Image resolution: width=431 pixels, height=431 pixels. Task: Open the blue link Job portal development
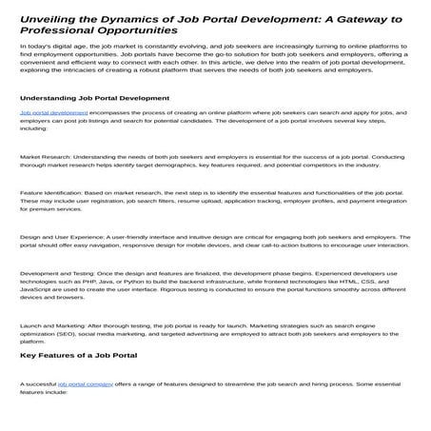pyautogui.click(x=53, y=139)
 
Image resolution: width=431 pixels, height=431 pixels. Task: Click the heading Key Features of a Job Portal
pyautogui.click(x=79, y=356)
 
